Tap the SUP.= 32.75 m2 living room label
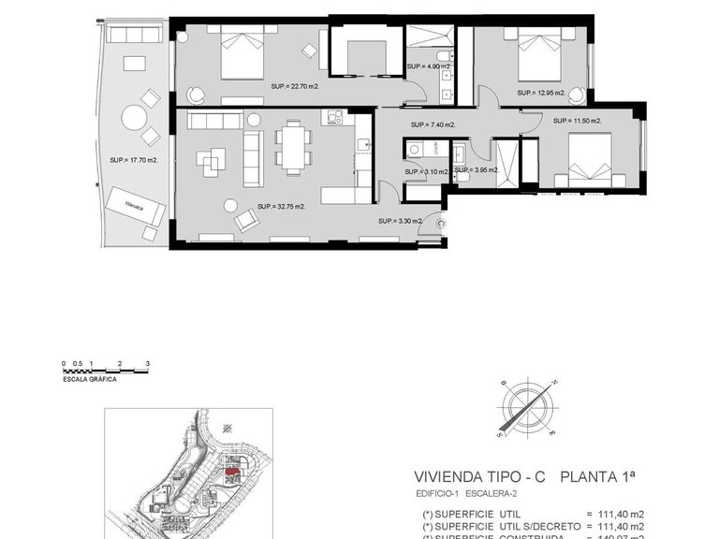point(281,207)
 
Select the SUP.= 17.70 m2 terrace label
point(133,160)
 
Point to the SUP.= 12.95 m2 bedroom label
point(540,93)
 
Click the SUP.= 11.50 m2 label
point(576,121)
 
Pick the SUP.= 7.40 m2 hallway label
point(432,125)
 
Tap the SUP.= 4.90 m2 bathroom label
point(429,67)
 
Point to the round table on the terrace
point(134,119)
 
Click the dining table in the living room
point(294,147)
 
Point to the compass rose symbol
point(528,408)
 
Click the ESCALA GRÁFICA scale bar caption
point(89,381)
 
